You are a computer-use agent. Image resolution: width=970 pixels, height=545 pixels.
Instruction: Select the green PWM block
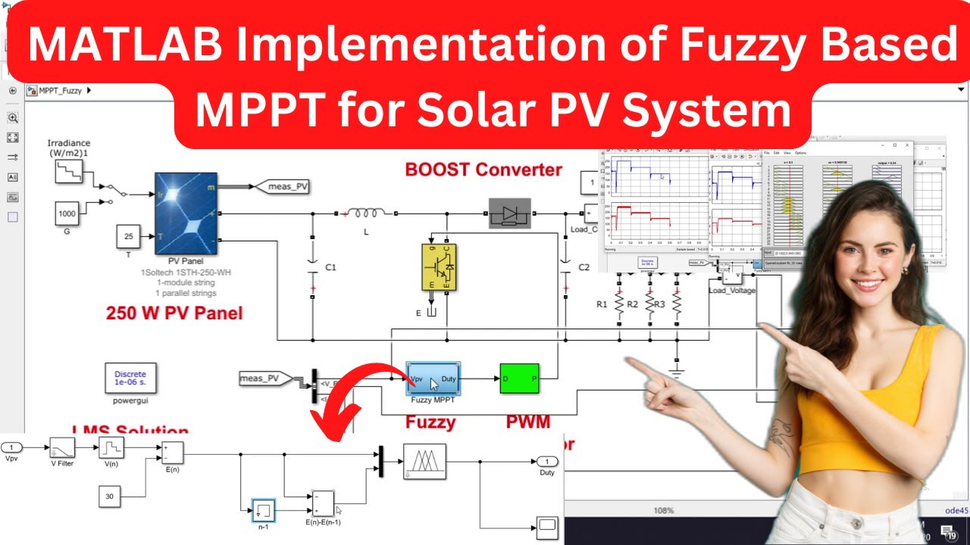(x=519, y=378)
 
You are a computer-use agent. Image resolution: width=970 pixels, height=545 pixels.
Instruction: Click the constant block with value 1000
(x=67, y=215)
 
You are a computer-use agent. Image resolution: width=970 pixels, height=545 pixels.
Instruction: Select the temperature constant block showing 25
(x=128, y=237)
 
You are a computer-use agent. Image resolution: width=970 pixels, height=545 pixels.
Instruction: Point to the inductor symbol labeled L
(x=366, y=213)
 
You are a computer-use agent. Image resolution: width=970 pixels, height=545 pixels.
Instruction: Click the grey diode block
(x=509, y=213)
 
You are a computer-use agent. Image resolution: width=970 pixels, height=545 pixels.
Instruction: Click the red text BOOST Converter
(x=483, y=169)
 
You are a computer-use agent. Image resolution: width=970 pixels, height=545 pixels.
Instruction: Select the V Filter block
(x=62, y=448)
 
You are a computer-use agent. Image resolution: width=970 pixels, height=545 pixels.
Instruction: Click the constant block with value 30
(x=110, y=497)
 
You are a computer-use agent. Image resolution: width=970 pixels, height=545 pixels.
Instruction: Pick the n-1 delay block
(x=263, y=510)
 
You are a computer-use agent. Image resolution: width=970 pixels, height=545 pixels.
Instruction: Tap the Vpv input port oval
(x=11, y=447)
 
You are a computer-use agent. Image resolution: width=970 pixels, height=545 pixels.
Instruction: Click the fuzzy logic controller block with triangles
(x=424, y=461)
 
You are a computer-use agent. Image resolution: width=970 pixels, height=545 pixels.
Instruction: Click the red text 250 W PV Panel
(x=174, y=313)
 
